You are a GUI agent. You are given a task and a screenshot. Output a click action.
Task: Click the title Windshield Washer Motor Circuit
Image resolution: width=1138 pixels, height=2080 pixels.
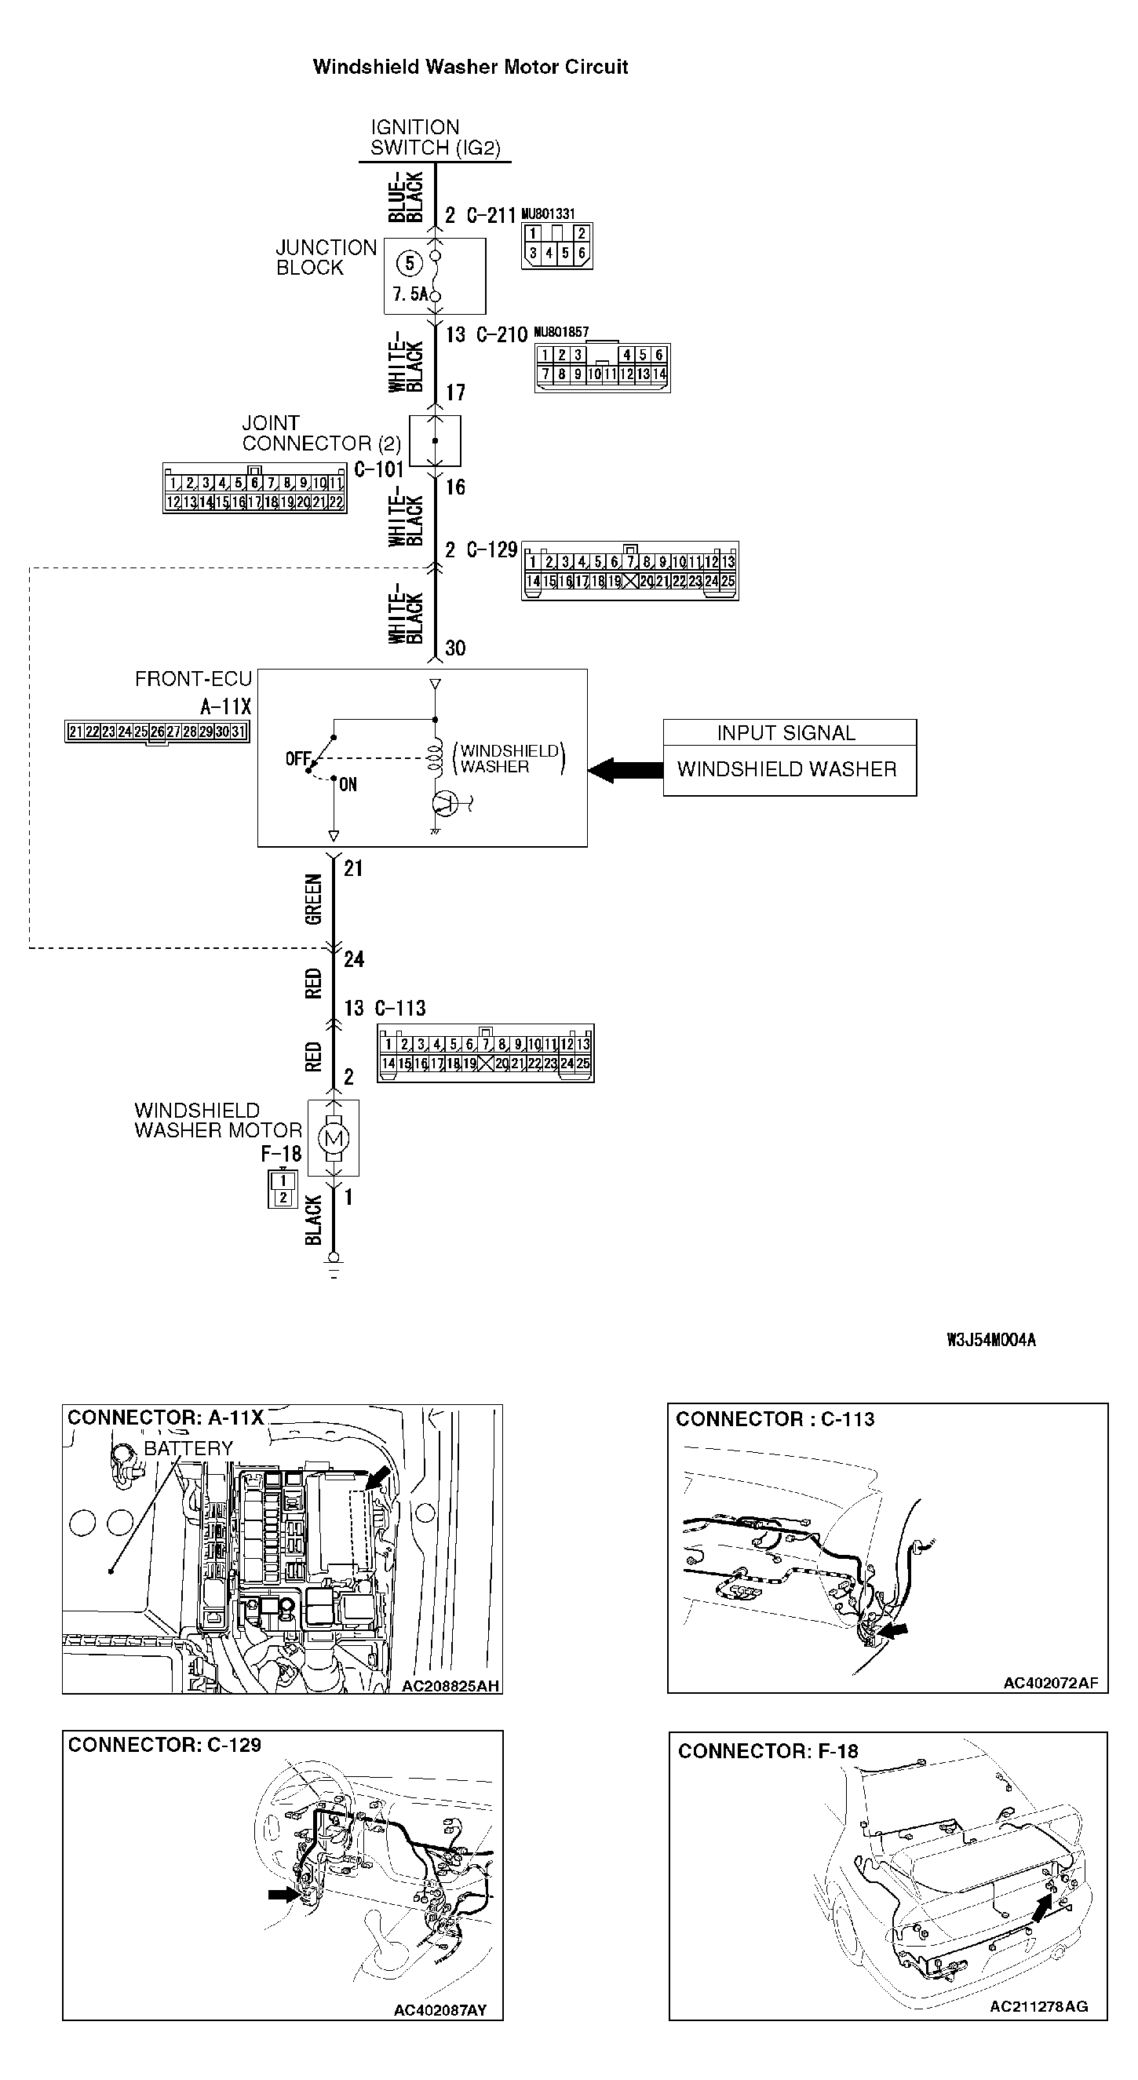(x=470, y=67)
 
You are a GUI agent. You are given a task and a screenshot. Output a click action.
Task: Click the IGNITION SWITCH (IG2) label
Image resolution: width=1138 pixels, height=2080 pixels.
(x=434, y=137)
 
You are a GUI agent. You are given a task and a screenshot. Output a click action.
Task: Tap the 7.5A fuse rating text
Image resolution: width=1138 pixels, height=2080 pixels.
(x=410, y=294)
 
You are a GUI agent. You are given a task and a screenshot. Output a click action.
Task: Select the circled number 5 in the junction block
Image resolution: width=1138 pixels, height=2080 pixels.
(x=410, y=263)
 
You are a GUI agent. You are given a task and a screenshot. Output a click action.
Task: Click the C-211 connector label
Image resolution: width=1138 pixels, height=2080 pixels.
(x=491, y=216)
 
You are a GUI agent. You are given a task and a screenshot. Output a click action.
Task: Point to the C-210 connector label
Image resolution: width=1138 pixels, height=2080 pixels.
(x=502, y=335)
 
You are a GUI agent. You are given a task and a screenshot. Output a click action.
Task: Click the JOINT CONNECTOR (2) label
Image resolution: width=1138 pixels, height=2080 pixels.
(x=320, y=433)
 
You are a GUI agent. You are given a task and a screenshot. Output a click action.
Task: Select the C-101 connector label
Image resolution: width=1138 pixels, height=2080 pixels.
(x=378, y=469)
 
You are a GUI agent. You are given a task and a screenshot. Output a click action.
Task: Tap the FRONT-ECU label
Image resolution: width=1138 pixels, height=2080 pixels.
(x=193, y=679)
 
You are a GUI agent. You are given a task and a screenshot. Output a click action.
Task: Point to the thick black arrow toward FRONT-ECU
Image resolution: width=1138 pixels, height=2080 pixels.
(x=625, y=769)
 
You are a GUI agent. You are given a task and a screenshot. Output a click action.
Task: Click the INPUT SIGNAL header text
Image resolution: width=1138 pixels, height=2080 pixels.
(x=786, y=732)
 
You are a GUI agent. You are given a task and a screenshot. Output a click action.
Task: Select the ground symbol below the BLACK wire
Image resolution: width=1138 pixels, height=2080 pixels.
(x=334, y=1264)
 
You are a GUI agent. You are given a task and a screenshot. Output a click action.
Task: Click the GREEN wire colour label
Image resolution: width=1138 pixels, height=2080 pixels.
(x=313, y=900)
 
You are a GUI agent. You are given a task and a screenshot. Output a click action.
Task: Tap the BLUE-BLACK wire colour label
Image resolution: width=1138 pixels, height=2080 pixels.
(x=405, y=196)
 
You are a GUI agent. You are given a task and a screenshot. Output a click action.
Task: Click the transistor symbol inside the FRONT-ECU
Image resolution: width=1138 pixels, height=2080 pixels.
(x=447, y=803)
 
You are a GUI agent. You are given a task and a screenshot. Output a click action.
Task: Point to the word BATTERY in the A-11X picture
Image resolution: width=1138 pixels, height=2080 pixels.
(x=188, y=1449)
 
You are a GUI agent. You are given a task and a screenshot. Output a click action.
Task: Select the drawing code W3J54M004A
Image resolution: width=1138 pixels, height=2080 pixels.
(x=991, y=1341)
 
